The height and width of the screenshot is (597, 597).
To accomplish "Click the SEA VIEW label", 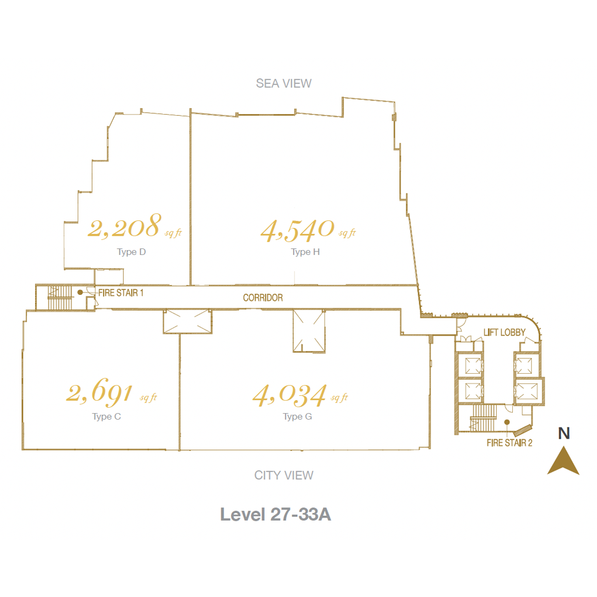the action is pyautogui.click(x=284, y=84).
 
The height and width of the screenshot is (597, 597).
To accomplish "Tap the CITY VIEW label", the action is pyautogui.click(x=284, y=475).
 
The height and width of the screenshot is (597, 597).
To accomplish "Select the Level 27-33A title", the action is pyautogui.click(x=275, y=515).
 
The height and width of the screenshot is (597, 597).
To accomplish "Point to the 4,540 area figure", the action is pyautogui.click(x=297, y=230).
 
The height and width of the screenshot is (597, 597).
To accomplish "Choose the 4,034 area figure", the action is pyautogui.click(x=290, y=395).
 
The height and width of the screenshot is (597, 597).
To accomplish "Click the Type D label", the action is pyautogui.click(x=131, y=252).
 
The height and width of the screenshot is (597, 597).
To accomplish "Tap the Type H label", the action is pyautogui.click(x=305, y=252).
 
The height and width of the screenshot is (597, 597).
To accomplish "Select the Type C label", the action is pyautogui.click(x=107, y=417).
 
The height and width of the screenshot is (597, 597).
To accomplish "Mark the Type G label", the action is pyautogui.click(x=297, y=417).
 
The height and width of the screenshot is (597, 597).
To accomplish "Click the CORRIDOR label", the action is pyautogui.click(x=263, y=298).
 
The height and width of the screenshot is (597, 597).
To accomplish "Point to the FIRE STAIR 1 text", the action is pyautogui.click(x=121, y=293).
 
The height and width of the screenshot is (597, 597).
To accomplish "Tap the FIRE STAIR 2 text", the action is pyautogui.click(x=509, y=443).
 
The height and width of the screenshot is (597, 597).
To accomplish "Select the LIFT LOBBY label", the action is pyautogui.click(x=504, y=333).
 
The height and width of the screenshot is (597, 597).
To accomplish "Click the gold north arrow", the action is pyautogui.click(x=564, y=461).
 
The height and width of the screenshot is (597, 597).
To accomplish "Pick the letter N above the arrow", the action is pyautogui.click(x=564, y=433).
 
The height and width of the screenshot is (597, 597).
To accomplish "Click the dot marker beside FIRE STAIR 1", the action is pyautogui.click(x=80, y=293).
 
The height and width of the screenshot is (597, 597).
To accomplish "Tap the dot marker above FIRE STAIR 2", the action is pyautogui.click(x=507, y=422).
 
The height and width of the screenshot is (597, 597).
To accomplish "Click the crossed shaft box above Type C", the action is pyautogui.click(x=187, y=321).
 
